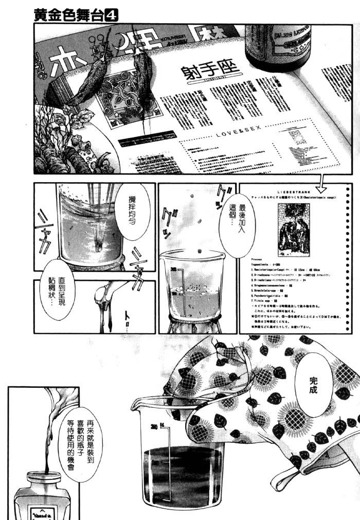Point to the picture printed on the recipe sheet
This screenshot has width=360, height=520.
click(x=293, y=229)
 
